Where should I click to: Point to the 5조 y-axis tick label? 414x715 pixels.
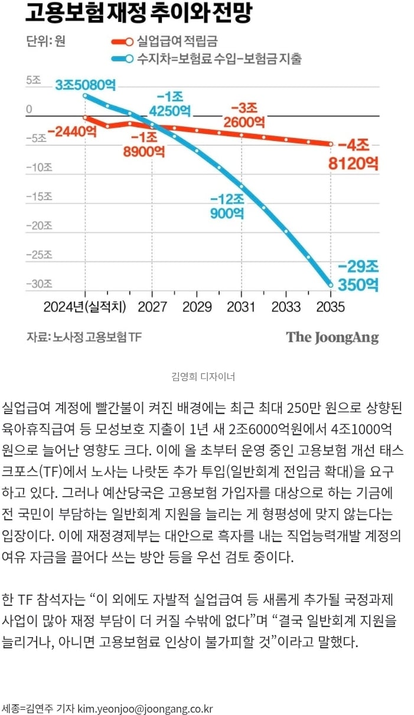33,80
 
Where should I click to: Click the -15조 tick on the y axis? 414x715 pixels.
39,196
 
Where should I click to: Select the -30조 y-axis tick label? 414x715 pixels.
39,284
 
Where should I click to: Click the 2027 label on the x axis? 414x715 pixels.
152,307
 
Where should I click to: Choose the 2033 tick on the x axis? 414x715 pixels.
286,307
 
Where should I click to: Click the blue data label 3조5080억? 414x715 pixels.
86,85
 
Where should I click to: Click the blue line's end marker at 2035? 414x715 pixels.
331,284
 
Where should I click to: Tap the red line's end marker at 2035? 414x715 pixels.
331,144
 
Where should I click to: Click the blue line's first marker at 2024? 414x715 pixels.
85,95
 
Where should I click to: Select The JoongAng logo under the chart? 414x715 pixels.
332,337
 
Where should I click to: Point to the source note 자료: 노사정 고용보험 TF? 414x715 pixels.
84,337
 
